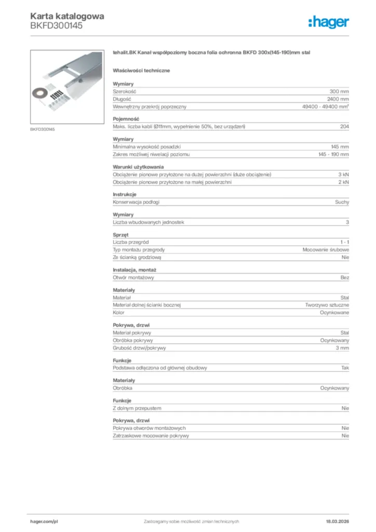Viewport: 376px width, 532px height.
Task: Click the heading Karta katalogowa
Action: (67, 16)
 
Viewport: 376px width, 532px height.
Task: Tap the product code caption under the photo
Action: (43, 129)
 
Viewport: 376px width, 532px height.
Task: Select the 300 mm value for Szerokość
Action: (339, 91)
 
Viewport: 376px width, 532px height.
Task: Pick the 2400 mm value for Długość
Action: (338, 99)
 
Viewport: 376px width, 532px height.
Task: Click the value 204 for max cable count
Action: (344, 127)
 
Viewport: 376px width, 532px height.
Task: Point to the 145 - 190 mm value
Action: (333, 155)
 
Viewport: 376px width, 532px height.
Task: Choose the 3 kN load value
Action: (343, 175)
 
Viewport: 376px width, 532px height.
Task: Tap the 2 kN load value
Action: (343, 182)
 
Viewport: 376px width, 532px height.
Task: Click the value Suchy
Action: (342, 202)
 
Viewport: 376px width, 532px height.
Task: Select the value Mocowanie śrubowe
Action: (326, 250)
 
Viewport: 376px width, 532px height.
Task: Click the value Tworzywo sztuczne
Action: (327, 305)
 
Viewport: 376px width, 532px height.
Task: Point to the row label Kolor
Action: (118, 313)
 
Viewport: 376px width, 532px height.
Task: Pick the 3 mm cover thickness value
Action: (342, 348)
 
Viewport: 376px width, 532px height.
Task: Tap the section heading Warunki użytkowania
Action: (135, 167)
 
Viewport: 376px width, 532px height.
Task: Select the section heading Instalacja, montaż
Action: (135, 270)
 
